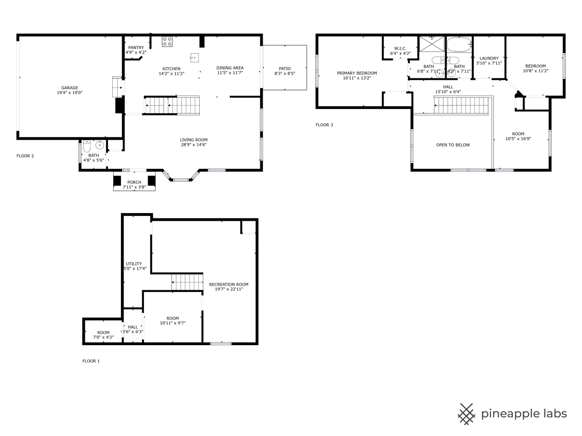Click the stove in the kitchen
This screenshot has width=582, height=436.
click(167, 42)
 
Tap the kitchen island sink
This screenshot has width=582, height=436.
click(195, 57)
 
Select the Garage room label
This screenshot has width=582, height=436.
click(70, 88)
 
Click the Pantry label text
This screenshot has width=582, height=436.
click(136, 48)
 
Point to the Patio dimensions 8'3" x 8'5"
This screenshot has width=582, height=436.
click(285, 73)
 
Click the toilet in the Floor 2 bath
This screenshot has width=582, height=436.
click(86, 147)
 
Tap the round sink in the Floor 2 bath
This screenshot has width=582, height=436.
click(99, 145)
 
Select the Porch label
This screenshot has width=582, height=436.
click(134, 182)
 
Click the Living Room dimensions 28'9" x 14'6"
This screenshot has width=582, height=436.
click(194, 145)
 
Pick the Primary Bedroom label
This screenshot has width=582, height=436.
click(357, 73)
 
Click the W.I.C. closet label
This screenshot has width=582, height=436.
click(400, 48)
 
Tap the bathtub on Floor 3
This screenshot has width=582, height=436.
click(460, 44)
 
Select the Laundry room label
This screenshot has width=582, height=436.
click(489, 58)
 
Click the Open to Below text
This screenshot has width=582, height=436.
click(453, 145)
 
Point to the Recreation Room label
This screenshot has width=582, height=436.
click(229, 285)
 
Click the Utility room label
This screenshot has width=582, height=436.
click(134, 264)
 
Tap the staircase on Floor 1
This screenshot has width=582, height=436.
click(187, 282)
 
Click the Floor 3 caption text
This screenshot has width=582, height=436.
click(324, 125)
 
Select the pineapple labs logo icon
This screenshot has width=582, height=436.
click(466, 414)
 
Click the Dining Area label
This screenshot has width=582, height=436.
click(230, 68)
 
